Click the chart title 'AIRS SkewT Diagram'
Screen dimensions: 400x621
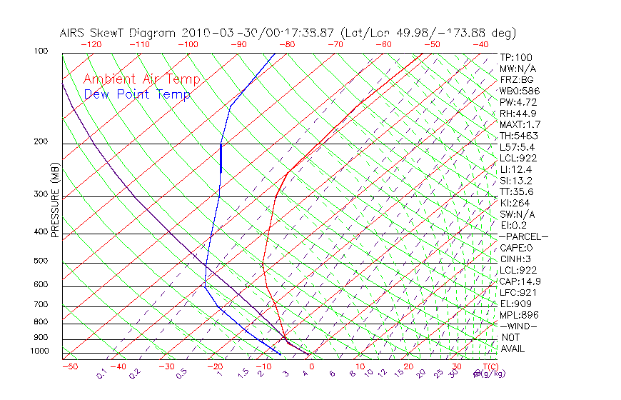coord(118,33)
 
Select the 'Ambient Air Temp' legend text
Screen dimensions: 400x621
coord(141,80)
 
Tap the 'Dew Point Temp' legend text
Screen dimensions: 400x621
coord(137,95)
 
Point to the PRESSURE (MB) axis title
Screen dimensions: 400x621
coord(54,201)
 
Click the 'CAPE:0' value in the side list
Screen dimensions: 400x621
coord(517,248)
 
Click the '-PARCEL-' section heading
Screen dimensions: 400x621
coord(523,236)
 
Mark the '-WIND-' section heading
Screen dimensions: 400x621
coord(519,326)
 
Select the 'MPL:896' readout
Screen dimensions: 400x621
coord(518,315)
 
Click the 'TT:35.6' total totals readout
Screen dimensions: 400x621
coord(517,191)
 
